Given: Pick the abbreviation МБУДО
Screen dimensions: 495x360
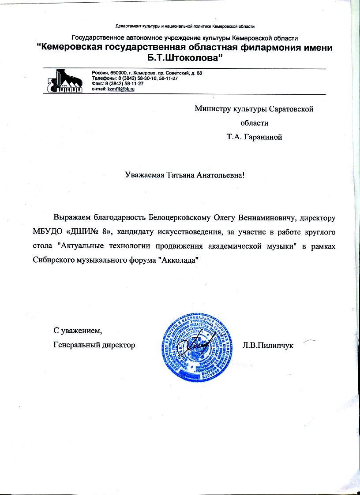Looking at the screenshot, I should pyautogui.click(x=46, y=232).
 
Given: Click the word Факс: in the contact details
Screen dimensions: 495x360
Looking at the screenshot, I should pyautogui.click(x=98, y=83).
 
